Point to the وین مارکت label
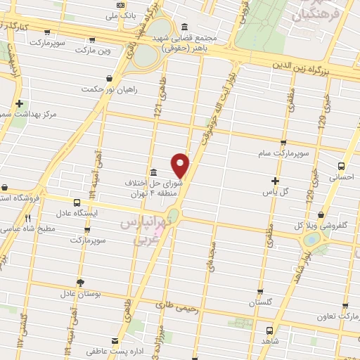pyautogui.click(x=97, y=51)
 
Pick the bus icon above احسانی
pyautogui.click(x=341, y=167)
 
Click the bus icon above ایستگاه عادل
pyautogui.click(x=77, y=202)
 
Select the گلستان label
pyautogui.click(x=260, y=302)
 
